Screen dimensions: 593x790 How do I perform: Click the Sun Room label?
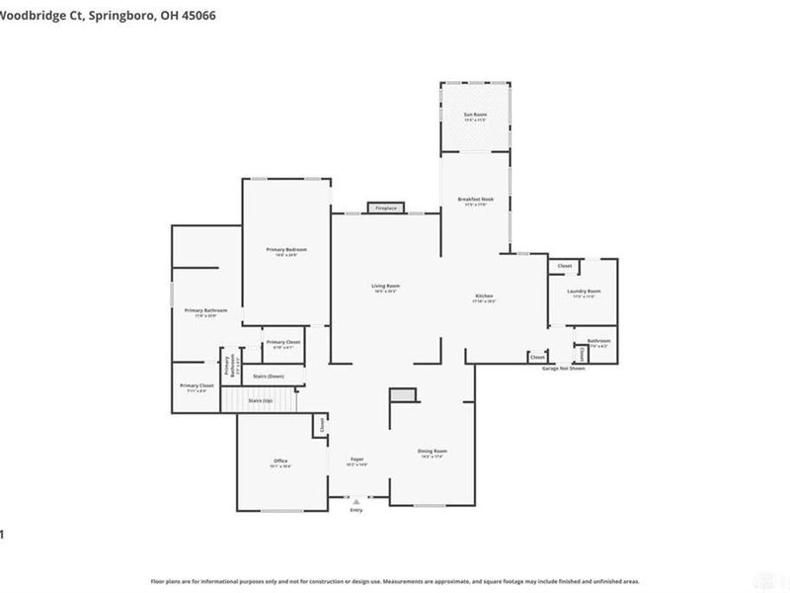point(476,117)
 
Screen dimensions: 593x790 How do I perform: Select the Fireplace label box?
point(386,209)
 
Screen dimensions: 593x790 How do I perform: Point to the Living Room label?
point(386,288)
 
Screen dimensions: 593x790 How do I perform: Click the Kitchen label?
point(484,297)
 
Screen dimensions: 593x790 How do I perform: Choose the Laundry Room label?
point(585,293)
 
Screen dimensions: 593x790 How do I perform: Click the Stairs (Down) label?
point(269,377)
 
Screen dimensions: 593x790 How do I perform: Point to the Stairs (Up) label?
point(261,399)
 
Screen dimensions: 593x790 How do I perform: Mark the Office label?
point(280,463)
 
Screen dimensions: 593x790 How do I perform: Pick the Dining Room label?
point(433,453)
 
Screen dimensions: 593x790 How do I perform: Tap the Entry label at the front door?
point(356,510)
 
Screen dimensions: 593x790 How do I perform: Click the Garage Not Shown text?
point(563,368)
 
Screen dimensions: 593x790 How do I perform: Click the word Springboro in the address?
point(118,16)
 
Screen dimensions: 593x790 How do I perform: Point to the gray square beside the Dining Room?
point(402,395)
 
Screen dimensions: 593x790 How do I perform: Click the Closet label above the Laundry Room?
point(565,266)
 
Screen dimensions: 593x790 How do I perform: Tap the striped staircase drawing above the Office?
point(259,400)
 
